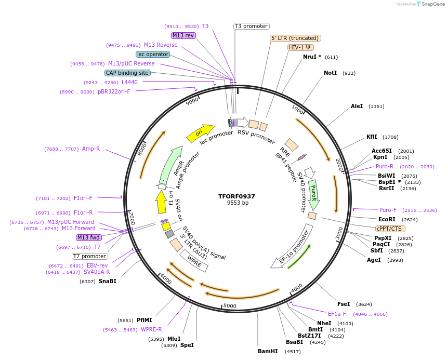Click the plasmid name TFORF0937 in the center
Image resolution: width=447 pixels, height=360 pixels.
(x=236, y=196)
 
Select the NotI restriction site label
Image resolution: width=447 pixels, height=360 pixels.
(x=331, y=73)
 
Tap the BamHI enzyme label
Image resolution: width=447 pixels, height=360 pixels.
(x=268, y=351)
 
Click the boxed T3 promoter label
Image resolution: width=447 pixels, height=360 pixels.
(x=251, y=26)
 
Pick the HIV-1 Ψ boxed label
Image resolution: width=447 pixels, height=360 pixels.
(x=300, y=47)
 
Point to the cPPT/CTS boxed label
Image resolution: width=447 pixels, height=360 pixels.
(x=390, y=229)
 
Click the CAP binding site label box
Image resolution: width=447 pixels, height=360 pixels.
(x=127, y=73)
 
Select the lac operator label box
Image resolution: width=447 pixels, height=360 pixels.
(x=153, y=54)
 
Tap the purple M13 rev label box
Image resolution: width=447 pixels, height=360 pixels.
(x=183, y=35)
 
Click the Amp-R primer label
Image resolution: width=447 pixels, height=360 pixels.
(x=91, y=149)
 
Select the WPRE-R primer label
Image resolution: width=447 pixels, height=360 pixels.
(x=151, y=329)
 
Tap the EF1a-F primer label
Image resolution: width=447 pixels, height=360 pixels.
(x=337, y=314)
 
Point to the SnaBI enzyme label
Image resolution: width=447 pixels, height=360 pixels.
(x=108, y=281)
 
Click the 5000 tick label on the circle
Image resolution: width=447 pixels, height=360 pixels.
(x=229, y=306)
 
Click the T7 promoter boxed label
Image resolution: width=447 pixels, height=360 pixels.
(x=90, y=256)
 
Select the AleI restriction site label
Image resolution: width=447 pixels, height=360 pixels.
(x=357, y=106)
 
